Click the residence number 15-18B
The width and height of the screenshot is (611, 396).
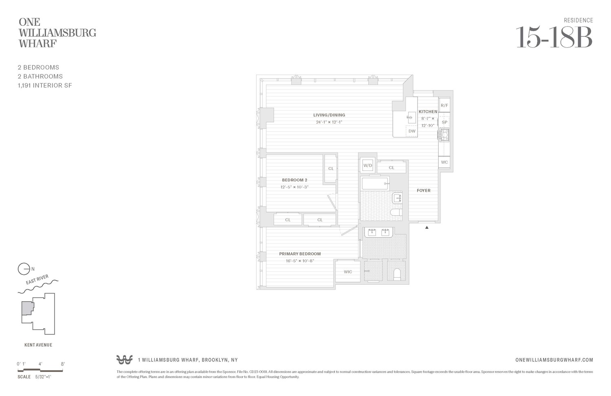pyautogui.click(x=554, y=38)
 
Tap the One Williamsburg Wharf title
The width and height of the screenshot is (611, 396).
pyautogui.click(x=57, y=33)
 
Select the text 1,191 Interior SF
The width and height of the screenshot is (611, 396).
pyautogui.click(x=45, y=85)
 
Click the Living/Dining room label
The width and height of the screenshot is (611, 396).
pyautogui.click(x=329, y=115)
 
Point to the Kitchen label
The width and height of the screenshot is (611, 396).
pyautogui.click(x=428, y=111)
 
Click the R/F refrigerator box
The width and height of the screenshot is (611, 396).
pyautogui.click(x=444, y=105)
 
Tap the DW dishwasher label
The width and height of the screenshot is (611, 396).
pyautogui.click(x=412, y=131)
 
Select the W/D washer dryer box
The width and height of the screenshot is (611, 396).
pyautogui.click(x=367, y=166)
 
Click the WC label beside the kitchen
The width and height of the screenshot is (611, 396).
pyautogui.click(x=444, y=162)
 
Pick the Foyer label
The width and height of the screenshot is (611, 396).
pyautogui.click(x=424, y=190)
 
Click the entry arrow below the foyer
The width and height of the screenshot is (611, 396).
pyautogui.click(x=427, y=228)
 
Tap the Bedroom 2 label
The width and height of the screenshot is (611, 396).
pyautogui.click(x=295, y=180)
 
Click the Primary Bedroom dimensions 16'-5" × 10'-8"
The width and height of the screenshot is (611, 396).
pyautogui.click(x=300, y=261)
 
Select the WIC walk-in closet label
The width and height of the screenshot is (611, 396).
pyautogui.click(x=348, y=272)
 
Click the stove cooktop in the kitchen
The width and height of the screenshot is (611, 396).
pyautogui.click(x=444, y=135)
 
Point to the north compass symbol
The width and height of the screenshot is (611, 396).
pyautogui.click(x=24, y=269)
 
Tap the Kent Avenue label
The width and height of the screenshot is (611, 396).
pyautogui.click(x=38, y=345)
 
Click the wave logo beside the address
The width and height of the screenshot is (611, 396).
pyautogui.click(x=124, y=360)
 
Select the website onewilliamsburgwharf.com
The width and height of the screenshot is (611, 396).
pyautogui.click(x=554, y=360)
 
